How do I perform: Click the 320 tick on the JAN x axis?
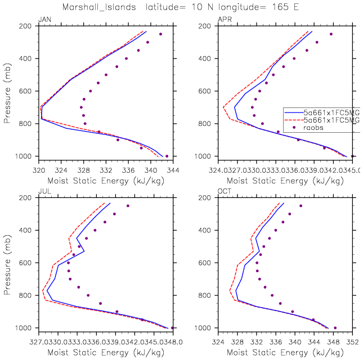pyautogui.click(x=39, y=168)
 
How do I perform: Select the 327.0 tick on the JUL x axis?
pyautogui.click(x=39, y=340)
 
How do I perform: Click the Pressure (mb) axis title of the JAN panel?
pyautogui.click(x=7, y=91)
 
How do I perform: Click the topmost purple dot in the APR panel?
pyautogui.click(x=331, y=34)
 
